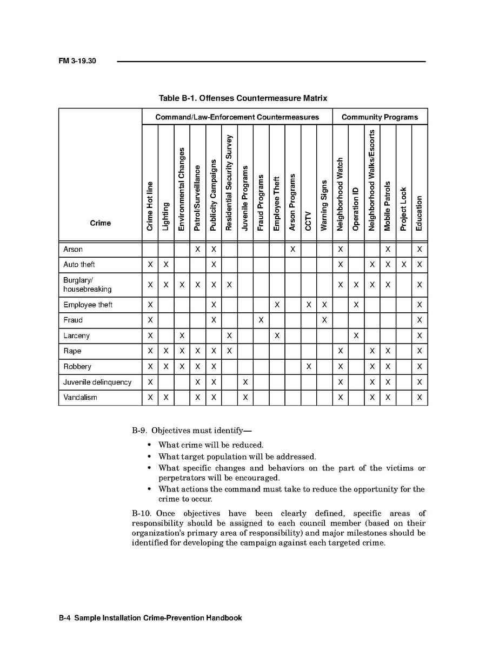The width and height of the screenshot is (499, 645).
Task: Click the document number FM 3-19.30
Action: (77, 62)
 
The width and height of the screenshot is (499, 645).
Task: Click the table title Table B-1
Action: (243, 98)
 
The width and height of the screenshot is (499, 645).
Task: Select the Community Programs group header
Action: (380, 117)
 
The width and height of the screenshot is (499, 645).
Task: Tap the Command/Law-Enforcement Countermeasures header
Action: (237, 117)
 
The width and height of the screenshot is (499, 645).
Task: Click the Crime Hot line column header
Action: (150, 206)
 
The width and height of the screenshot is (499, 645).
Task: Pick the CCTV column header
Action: (308, 220)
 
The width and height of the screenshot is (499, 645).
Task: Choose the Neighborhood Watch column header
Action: (340, 194)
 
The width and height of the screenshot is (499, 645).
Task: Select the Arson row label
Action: (73, 250)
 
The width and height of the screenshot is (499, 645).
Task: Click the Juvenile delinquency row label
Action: (97, 382)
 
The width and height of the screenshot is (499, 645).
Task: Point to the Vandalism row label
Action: (80, 398)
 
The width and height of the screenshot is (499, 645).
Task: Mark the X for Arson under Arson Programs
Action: (292, 250)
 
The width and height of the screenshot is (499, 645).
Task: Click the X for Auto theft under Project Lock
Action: (403, 265)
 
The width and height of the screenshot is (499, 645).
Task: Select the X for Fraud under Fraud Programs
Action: (261, 320)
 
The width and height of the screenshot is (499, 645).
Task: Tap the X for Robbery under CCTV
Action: (308, 366)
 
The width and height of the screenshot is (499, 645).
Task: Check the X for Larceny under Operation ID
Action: (356, 335)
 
